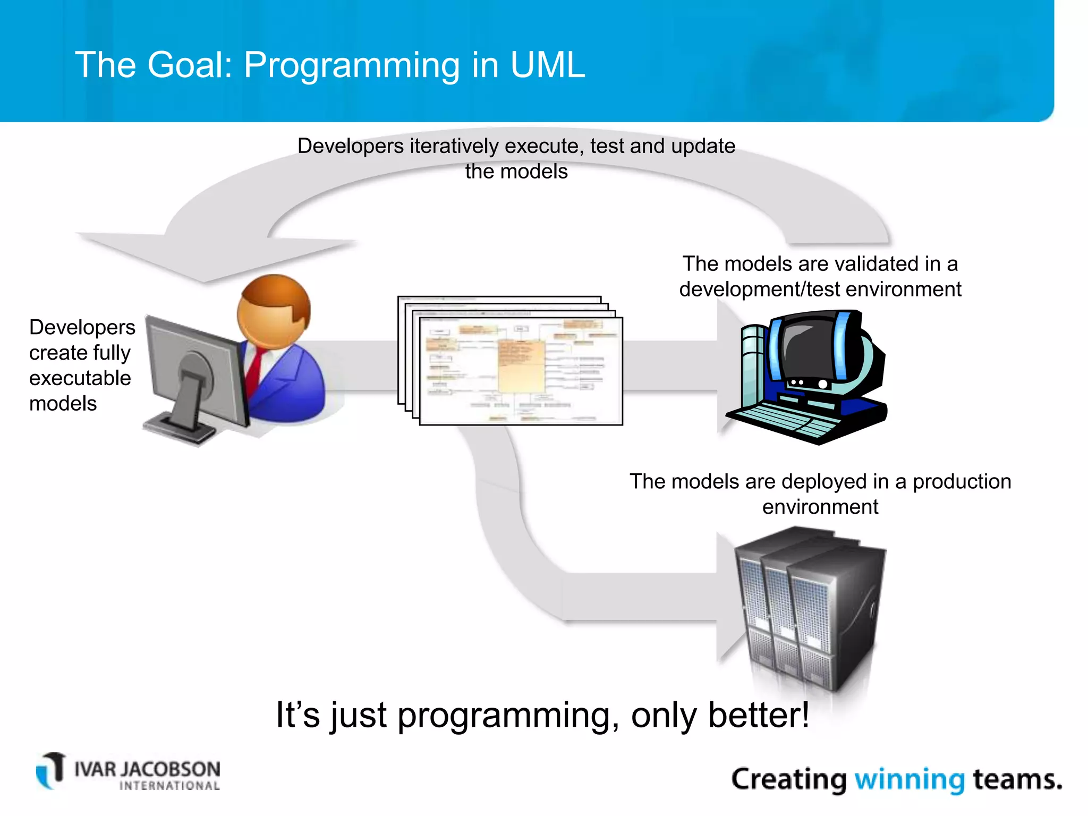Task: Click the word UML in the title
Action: click(547, 65)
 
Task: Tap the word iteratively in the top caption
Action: click(454, 146)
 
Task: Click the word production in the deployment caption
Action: click(962, 482)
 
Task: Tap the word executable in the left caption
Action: click(80, 378)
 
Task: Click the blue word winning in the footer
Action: click(909, 779)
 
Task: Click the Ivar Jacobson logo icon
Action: click(50, 770)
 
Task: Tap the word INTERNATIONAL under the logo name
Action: click(169, 786)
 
